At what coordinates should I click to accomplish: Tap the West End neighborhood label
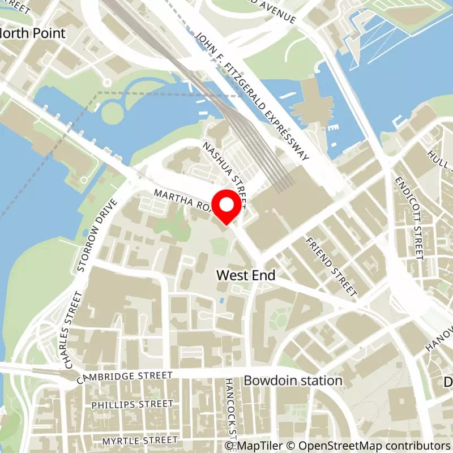click(246, 275)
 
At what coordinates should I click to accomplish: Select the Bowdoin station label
click(293, 381)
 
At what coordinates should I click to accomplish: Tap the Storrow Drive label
click(98, 234)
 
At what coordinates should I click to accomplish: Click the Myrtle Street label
click(139, 440)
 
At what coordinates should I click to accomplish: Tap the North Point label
click(33, 33)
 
